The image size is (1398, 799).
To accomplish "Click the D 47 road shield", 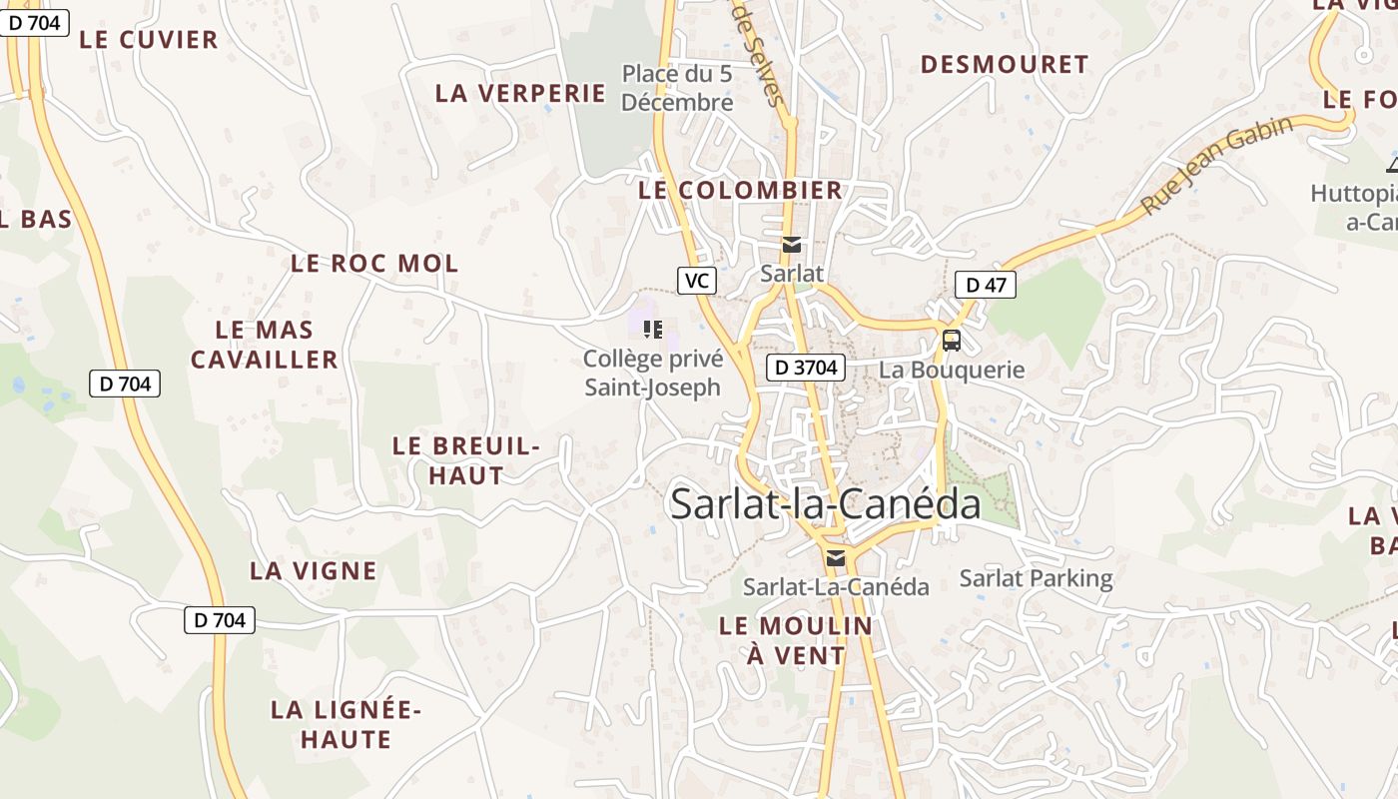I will tap(985, 285).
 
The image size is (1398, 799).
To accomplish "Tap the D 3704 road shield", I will tap(806, 368).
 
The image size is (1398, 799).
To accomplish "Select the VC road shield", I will tap(697, 281).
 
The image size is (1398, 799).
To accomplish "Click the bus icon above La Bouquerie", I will tap(952, 341).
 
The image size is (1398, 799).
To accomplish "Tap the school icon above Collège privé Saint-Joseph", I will tap(653, 329).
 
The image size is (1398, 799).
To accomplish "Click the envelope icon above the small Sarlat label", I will tap(792, 245).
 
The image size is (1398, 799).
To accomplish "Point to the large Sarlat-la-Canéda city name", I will tap(825, 504).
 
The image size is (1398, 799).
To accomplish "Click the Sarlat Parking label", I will tap(1036, 578).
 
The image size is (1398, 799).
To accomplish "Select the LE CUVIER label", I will tap(149, 40).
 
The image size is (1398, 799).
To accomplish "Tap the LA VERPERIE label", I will tap(520, 93).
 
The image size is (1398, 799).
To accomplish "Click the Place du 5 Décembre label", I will tap(677, 88).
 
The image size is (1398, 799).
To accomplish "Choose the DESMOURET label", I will tap(1004, 65).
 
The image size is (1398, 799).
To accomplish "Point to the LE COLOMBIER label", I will tap(740, 190).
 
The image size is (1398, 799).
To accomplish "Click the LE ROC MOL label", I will tap(374, 264).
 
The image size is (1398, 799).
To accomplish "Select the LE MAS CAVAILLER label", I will tap(265, 345).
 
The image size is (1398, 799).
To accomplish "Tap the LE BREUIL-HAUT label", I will tap(466, 460).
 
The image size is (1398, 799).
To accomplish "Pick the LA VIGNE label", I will tap(314, 571).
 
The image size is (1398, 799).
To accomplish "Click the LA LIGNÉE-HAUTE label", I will tap(347, 725).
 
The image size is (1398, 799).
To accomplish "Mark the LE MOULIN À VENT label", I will tap(796, 641).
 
